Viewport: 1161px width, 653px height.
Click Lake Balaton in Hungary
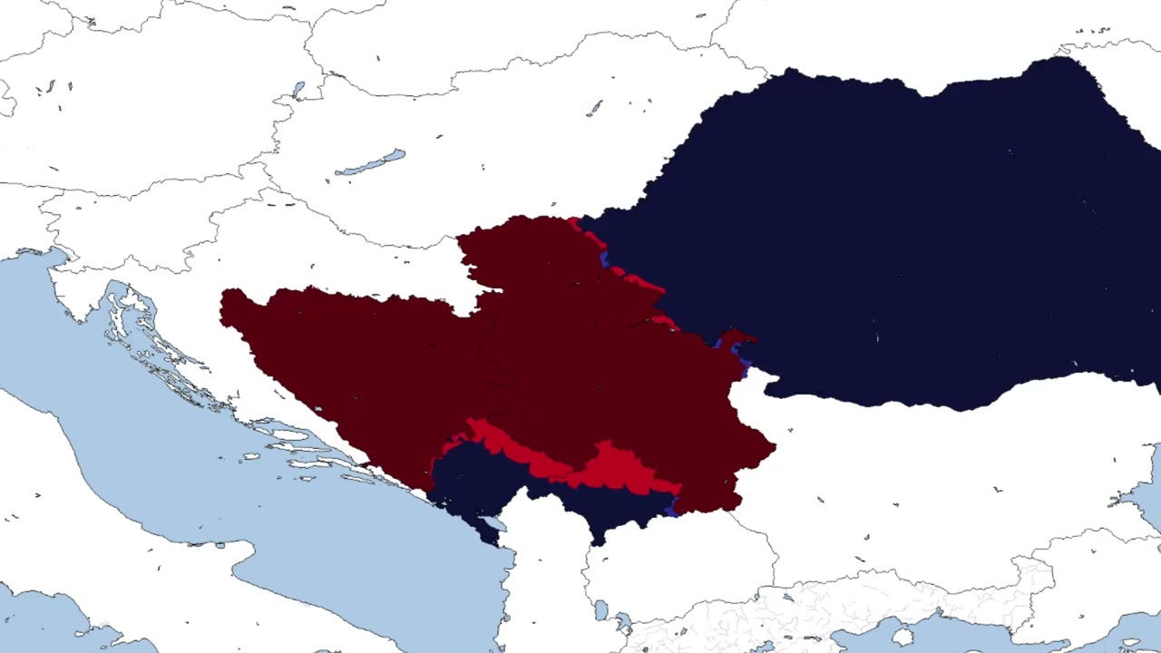(370, 165)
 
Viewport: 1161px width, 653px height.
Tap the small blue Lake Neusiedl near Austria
(298, 90)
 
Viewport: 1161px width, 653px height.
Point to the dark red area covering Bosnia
(363, 363)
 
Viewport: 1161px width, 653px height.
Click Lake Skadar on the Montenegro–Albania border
(491, 524)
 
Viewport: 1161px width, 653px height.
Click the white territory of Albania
(544, 580)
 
